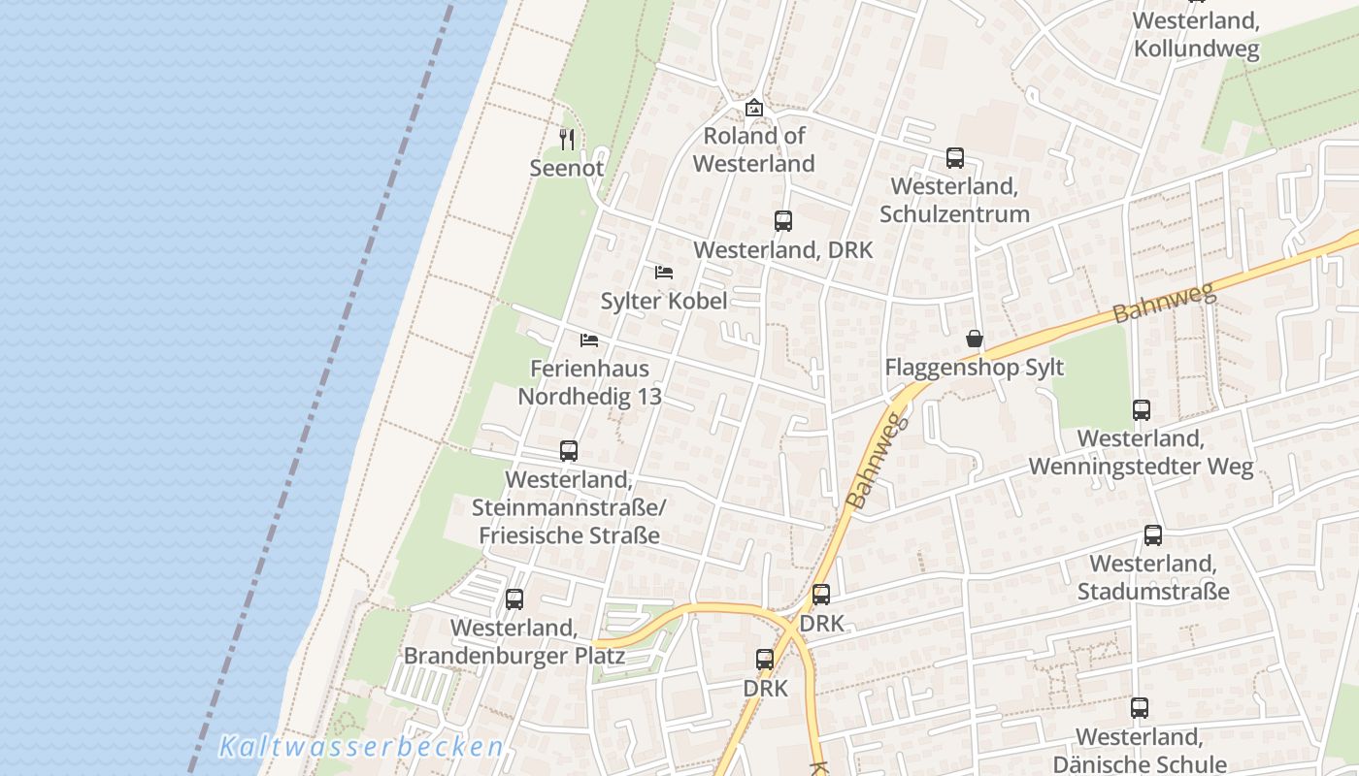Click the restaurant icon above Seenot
[567, 140]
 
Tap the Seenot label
[567, 168]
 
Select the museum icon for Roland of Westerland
[754, 108]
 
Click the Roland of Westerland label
[754, 149]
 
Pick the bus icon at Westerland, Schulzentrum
[954, 158]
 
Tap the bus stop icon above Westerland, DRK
[783, 221]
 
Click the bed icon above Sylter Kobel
[664, 272]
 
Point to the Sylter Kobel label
[664, 301]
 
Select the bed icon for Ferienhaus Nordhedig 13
[589, 339]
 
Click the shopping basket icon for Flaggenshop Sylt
[975, 339]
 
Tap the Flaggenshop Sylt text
[975, 368]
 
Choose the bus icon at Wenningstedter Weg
[1142, 410]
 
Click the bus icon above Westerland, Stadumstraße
[1153, 535]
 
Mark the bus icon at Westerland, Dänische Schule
[1140, 708]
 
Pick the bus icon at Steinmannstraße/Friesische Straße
[569, 451]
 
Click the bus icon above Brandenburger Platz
[514, 599]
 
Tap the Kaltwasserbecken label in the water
[361, 747]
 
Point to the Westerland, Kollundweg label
[1196, 34]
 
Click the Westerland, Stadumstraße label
[1153, 577]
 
